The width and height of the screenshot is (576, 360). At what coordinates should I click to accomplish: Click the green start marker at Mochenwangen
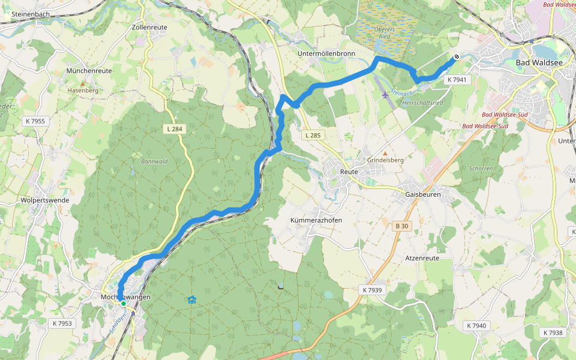point(124,304)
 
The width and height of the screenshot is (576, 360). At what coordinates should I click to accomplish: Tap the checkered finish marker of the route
point(457,57)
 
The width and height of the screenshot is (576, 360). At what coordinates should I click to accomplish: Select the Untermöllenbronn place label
point(326,53)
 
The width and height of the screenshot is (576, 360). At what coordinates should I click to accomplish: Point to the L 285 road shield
point(313,136)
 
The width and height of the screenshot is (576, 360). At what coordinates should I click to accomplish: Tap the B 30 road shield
point(401,226)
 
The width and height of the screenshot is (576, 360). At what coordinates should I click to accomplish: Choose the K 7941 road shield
point(457,79)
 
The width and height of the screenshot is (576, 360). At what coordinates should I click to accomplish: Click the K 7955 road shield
point(35,121)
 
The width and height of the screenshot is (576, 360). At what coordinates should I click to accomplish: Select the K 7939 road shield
point(372,290)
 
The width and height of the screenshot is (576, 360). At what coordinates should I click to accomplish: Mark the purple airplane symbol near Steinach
point(385,95)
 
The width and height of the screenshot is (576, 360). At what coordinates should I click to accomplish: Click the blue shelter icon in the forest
point(191,299)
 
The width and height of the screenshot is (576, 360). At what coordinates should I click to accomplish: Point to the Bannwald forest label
point(154,161)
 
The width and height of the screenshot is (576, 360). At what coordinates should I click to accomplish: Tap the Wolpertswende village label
point(44,200)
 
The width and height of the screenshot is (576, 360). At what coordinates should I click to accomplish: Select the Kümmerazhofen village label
point(316,220)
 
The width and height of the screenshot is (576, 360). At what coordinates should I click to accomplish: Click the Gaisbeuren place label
point(423,194)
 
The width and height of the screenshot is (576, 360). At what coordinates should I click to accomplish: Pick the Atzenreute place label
point(422,257)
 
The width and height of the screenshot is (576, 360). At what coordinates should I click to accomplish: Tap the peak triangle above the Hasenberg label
point(83,82)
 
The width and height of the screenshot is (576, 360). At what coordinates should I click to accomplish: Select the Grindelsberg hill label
point(385,161)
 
